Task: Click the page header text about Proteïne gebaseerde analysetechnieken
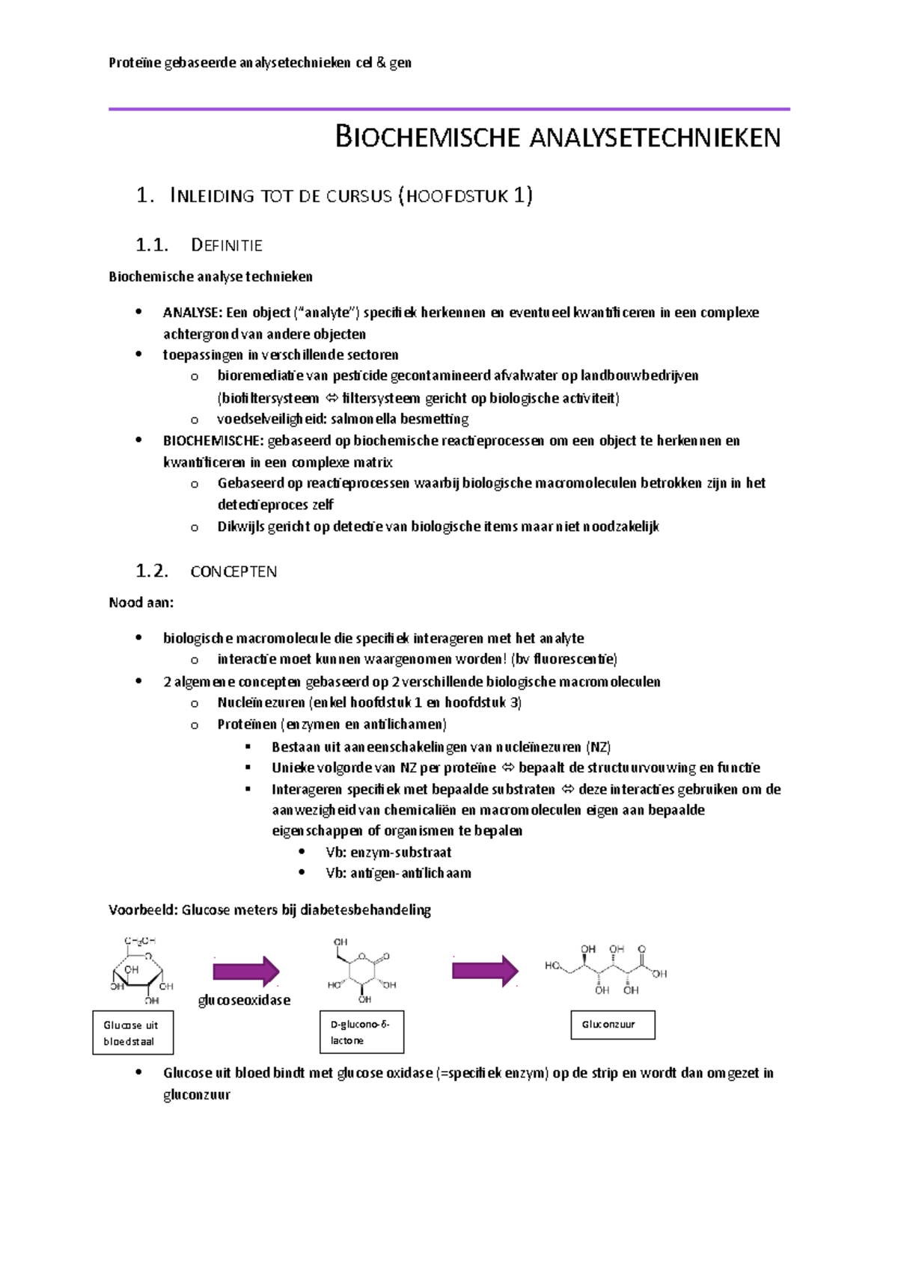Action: click(260, 63)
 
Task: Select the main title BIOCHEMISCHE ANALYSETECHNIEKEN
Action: click(558, 138)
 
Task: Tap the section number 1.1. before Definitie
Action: click(151, 245)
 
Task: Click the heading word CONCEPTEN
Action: click(233, 571)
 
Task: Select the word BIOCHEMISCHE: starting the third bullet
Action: click(213, 441)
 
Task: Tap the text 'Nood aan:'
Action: click(141, 603)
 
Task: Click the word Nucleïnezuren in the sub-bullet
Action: click(260, 702)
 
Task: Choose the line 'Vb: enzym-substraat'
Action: click(388, 852)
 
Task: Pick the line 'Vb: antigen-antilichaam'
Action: click(398, 873)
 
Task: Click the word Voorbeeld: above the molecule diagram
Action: click(143, 910)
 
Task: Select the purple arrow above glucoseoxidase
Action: click(245, 972)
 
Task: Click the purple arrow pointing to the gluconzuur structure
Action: click(485, 971)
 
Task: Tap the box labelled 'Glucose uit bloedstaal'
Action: click(132, 1033)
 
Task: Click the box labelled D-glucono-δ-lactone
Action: click(361, 1032)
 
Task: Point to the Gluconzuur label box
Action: click(612, 1025)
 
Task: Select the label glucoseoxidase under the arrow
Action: click(244, 1000)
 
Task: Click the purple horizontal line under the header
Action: click(449, 109)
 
